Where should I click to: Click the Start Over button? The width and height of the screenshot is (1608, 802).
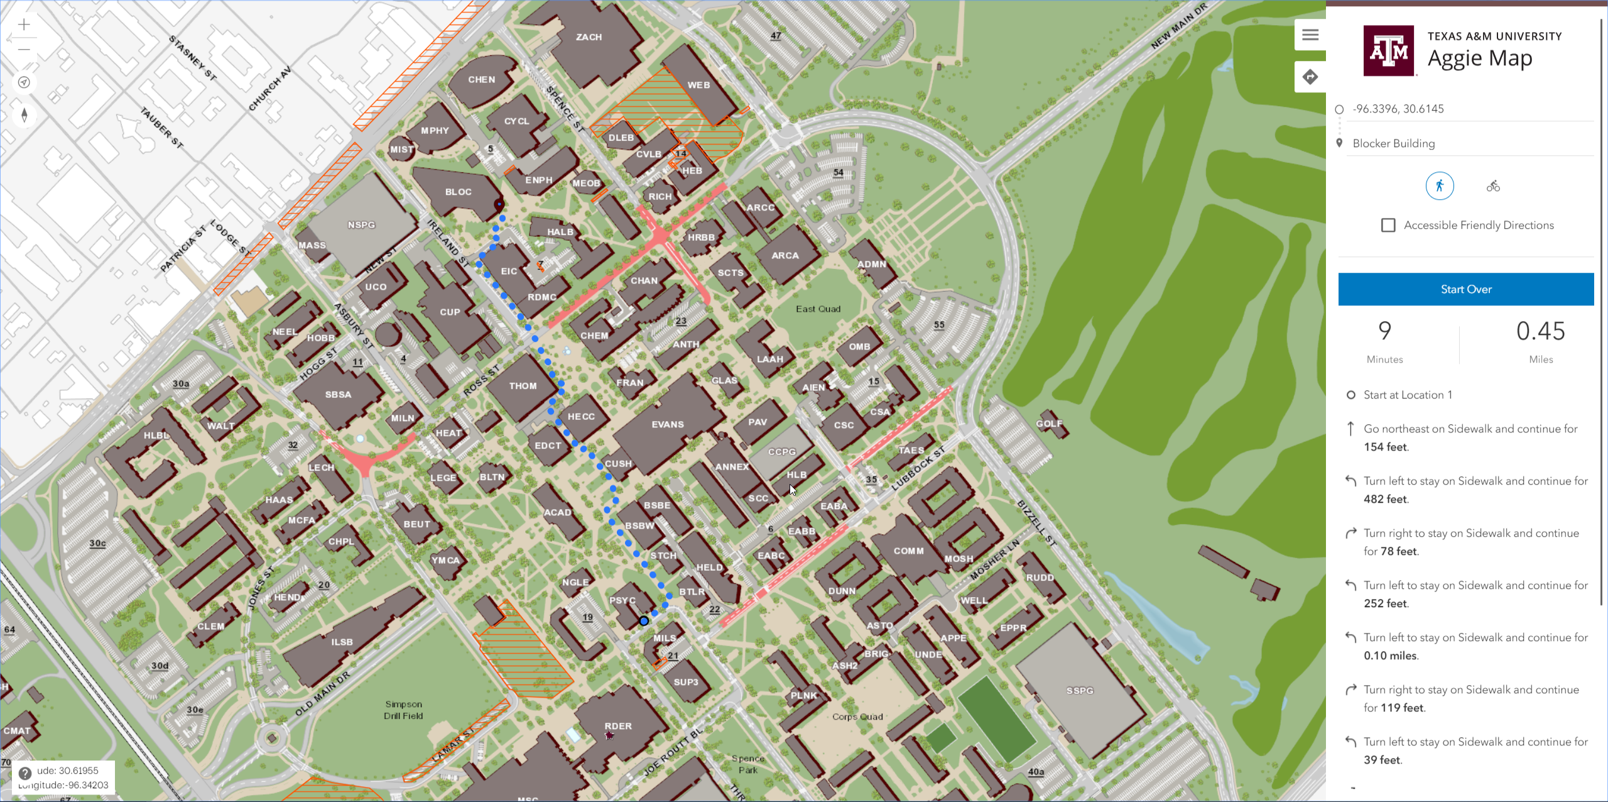point(1465,289)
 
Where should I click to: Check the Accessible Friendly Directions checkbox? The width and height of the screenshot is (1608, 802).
point(1388,225)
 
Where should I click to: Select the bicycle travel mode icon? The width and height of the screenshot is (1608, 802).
point(1493,186)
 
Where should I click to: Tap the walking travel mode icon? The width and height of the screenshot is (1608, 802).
point(1439,186)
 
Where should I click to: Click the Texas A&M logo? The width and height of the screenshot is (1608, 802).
point(1388,51)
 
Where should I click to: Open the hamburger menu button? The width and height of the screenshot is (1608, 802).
point(1310,35)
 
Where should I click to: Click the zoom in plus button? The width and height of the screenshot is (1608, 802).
point(24,25)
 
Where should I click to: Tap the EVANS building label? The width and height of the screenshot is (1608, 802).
point(667,425)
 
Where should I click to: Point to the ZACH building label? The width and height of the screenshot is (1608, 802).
point(589,37)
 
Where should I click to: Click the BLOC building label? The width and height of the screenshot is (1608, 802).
point(458,192)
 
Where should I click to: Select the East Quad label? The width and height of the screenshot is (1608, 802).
point(818,309)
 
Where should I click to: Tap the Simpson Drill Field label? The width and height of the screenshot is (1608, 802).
point(403,710)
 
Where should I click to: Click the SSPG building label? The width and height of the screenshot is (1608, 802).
point(1079,691)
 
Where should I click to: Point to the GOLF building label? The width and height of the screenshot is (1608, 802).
point(1048,424)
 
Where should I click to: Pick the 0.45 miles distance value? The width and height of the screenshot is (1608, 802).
point(1540,332)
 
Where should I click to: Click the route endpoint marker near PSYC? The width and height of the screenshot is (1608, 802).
point(644,621)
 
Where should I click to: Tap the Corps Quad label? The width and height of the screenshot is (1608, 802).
point(857,717)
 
